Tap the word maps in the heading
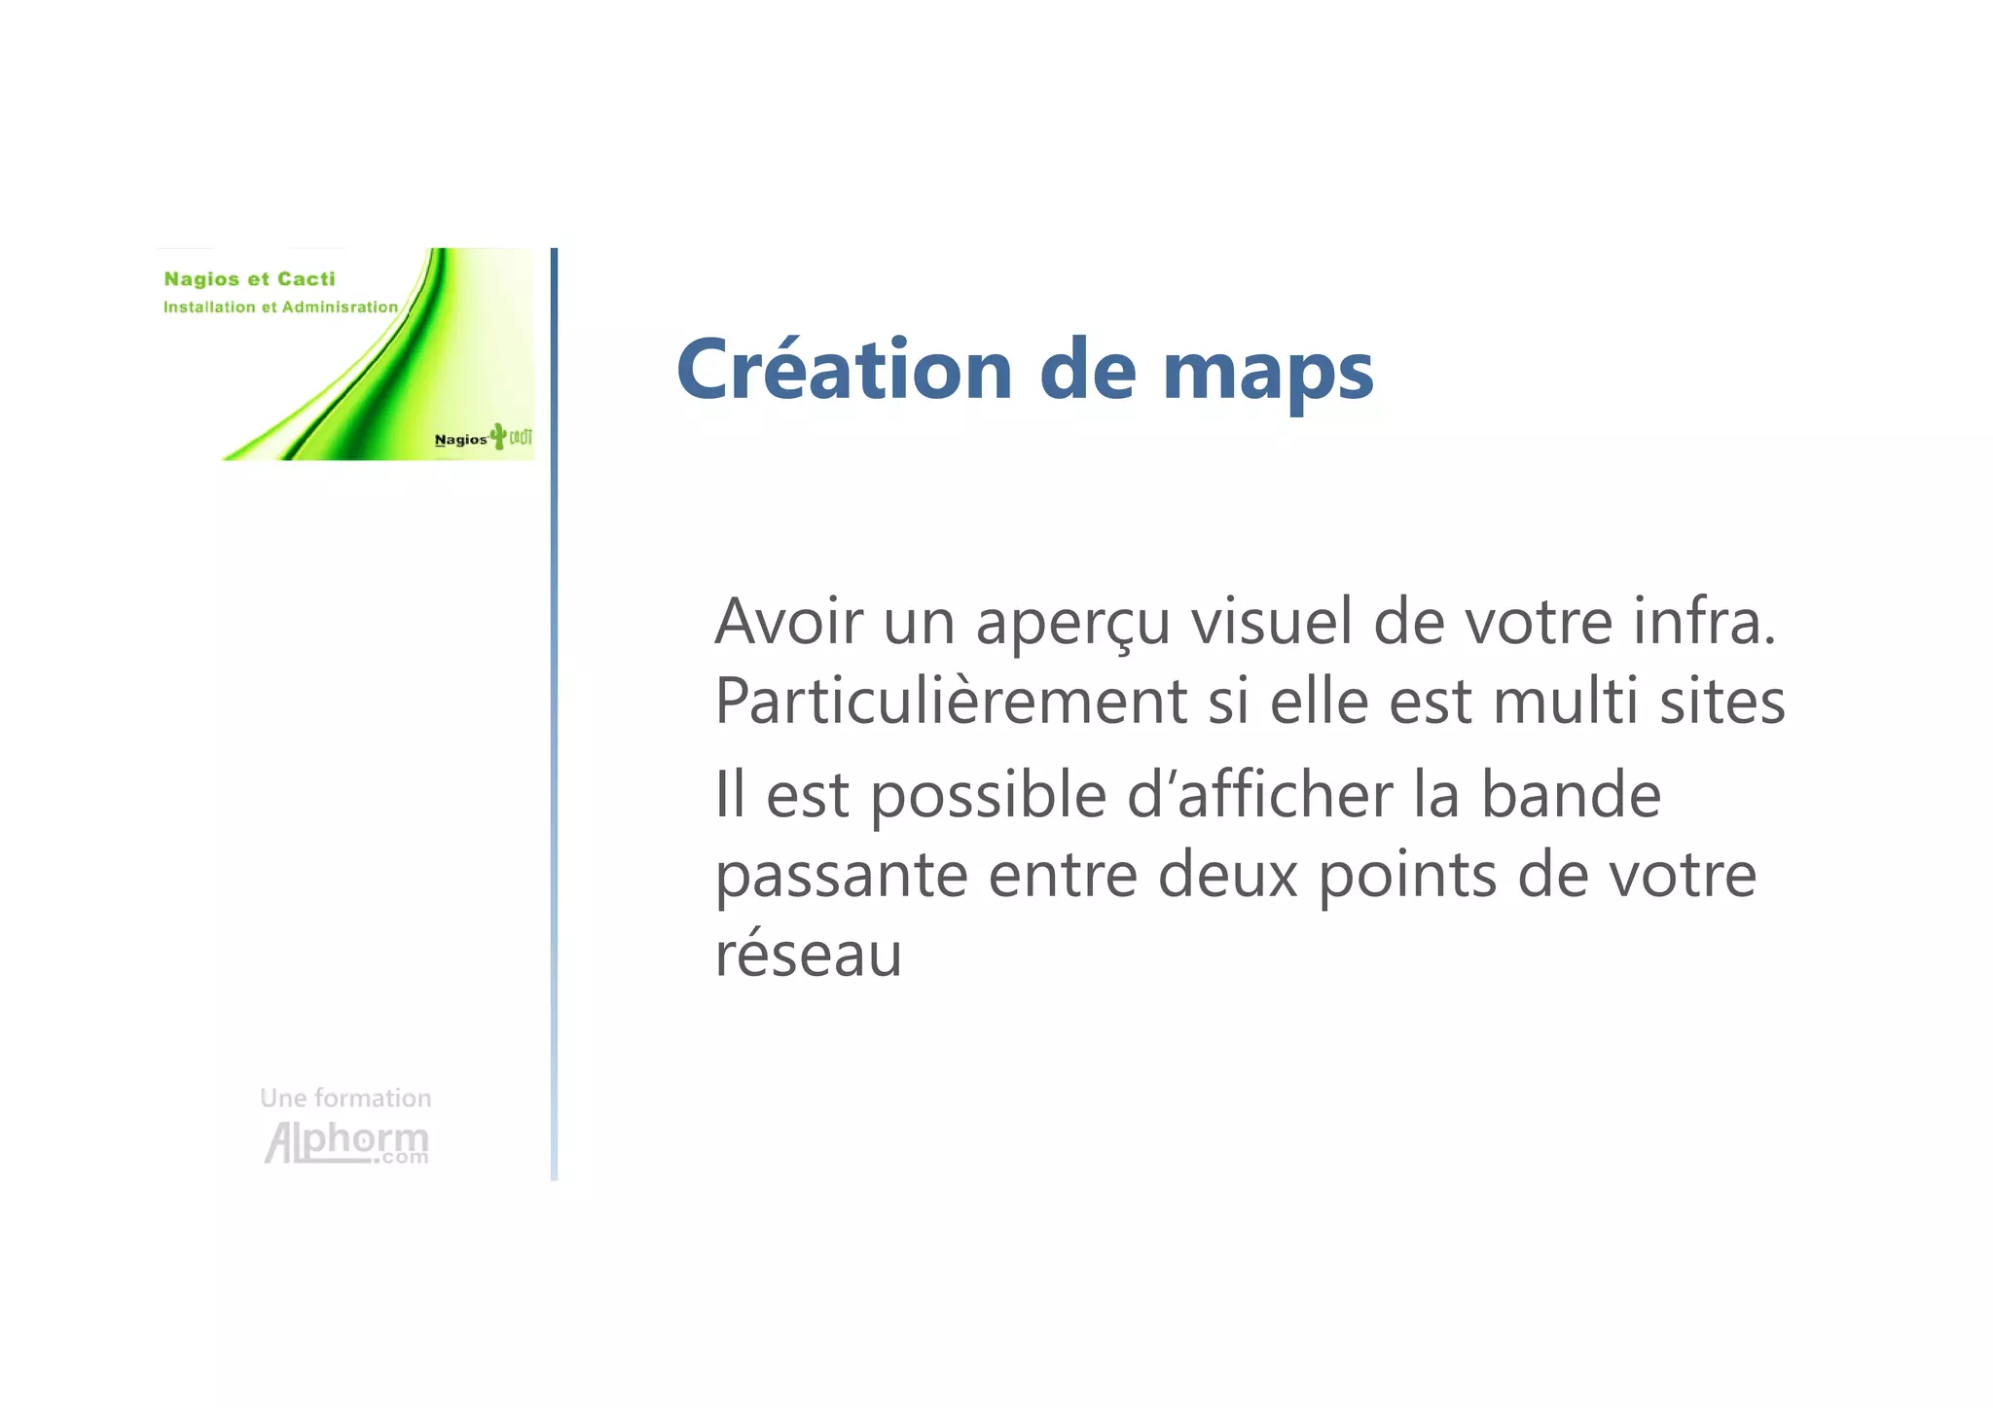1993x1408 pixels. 1267,373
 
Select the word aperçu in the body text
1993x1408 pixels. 1072,623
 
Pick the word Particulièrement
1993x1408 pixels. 950,701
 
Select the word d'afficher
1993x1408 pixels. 1259,794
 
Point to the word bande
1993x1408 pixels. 1570,794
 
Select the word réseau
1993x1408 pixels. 808,954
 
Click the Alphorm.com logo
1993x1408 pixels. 346,1142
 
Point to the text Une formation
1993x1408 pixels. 345,1098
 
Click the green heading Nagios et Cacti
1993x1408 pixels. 249,279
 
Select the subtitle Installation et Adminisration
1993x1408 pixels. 280,307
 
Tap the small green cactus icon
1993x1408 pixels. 498,436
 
